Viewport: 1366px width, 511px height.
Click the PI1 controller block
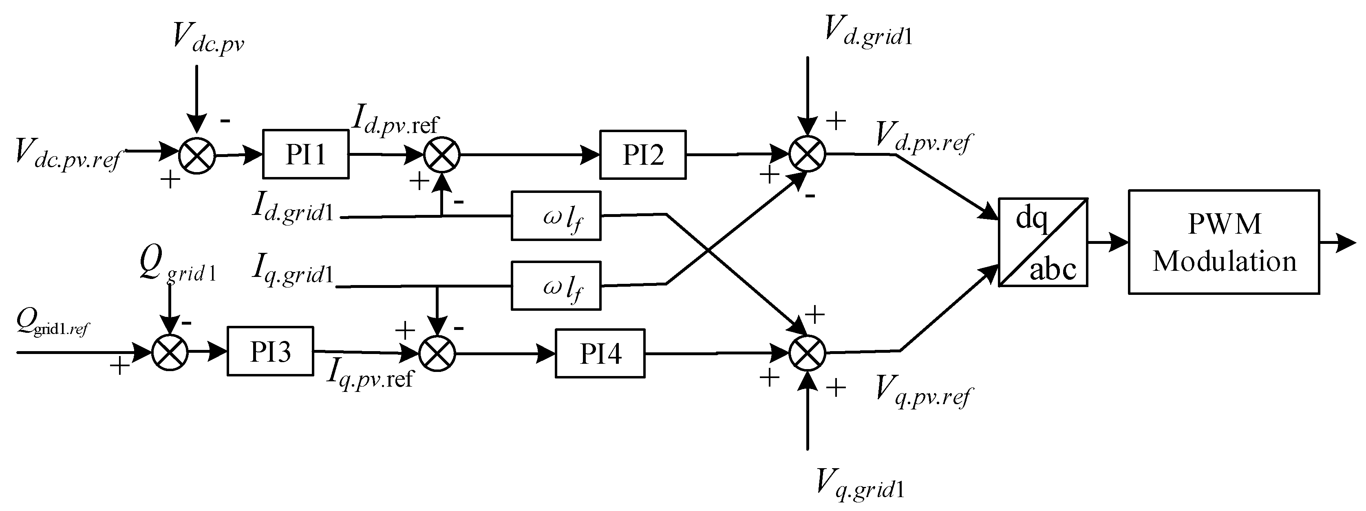pyautogui.click(x=305, y=155)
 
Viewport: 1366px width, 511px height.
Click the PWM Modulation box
pyautogui.click(x=1223, y=242)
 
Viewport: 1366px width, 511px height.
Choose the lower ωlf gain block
pyautogui.click(x=556, y=285)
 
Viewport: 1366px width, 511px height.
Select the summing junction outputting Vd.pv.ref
pyautogui.click(x=807, y=154)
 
